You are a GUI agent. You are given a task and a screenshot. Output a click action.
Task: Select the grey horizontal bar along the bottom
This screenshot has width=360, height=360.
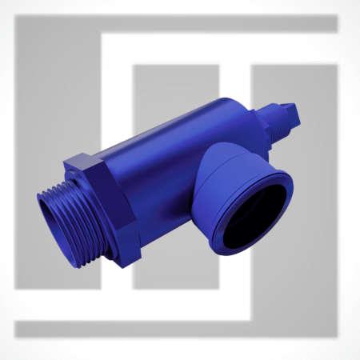tap(176, 329)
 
